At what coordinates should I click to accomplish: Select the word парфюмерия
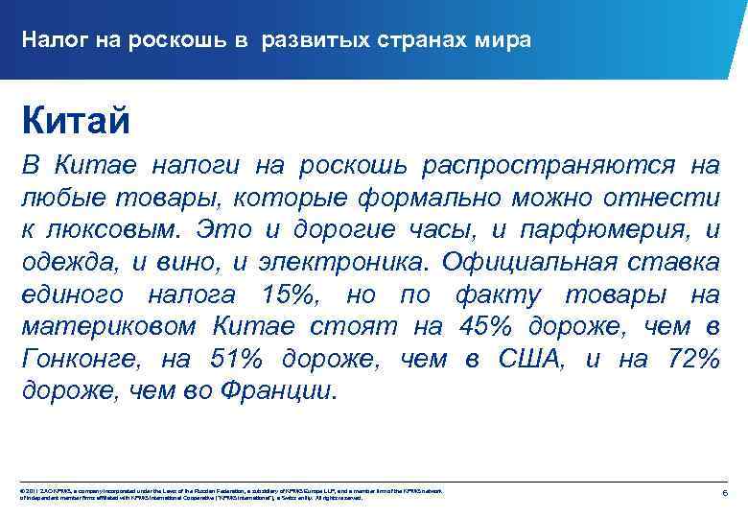click(600, 230)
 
